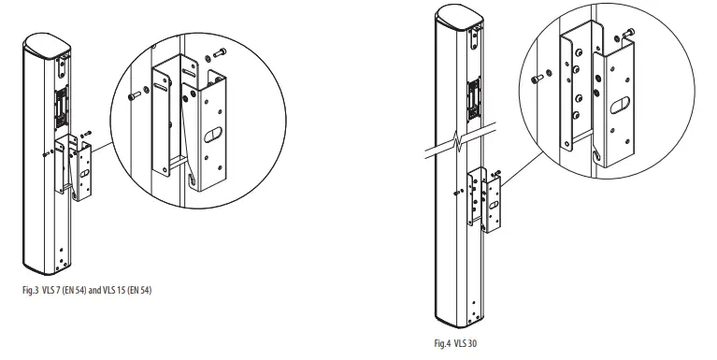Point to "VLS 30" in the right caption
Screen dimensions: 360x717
[x=466, y=345]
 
